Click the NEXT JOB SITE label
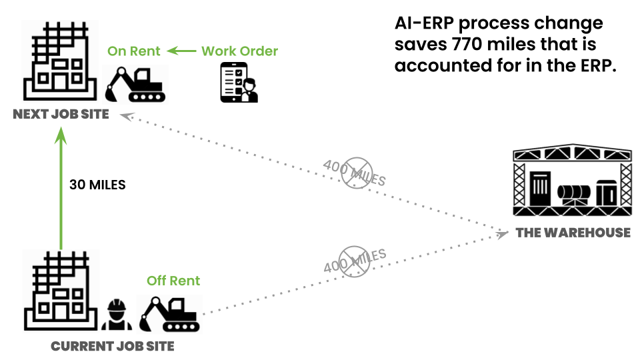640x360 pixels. [61, 114]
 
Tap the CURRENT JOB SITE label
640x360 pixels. [112, 346]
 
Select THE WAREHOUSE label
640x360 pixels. [573, 233]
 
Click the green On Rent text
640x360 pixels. [134, 51]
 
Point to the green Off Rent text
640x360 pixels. [173, 281]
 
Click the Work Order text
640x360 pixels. [239, 51]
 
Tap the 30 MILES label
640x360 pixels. [97, 185]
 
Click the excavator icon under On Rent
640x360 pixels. [137, 84]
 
